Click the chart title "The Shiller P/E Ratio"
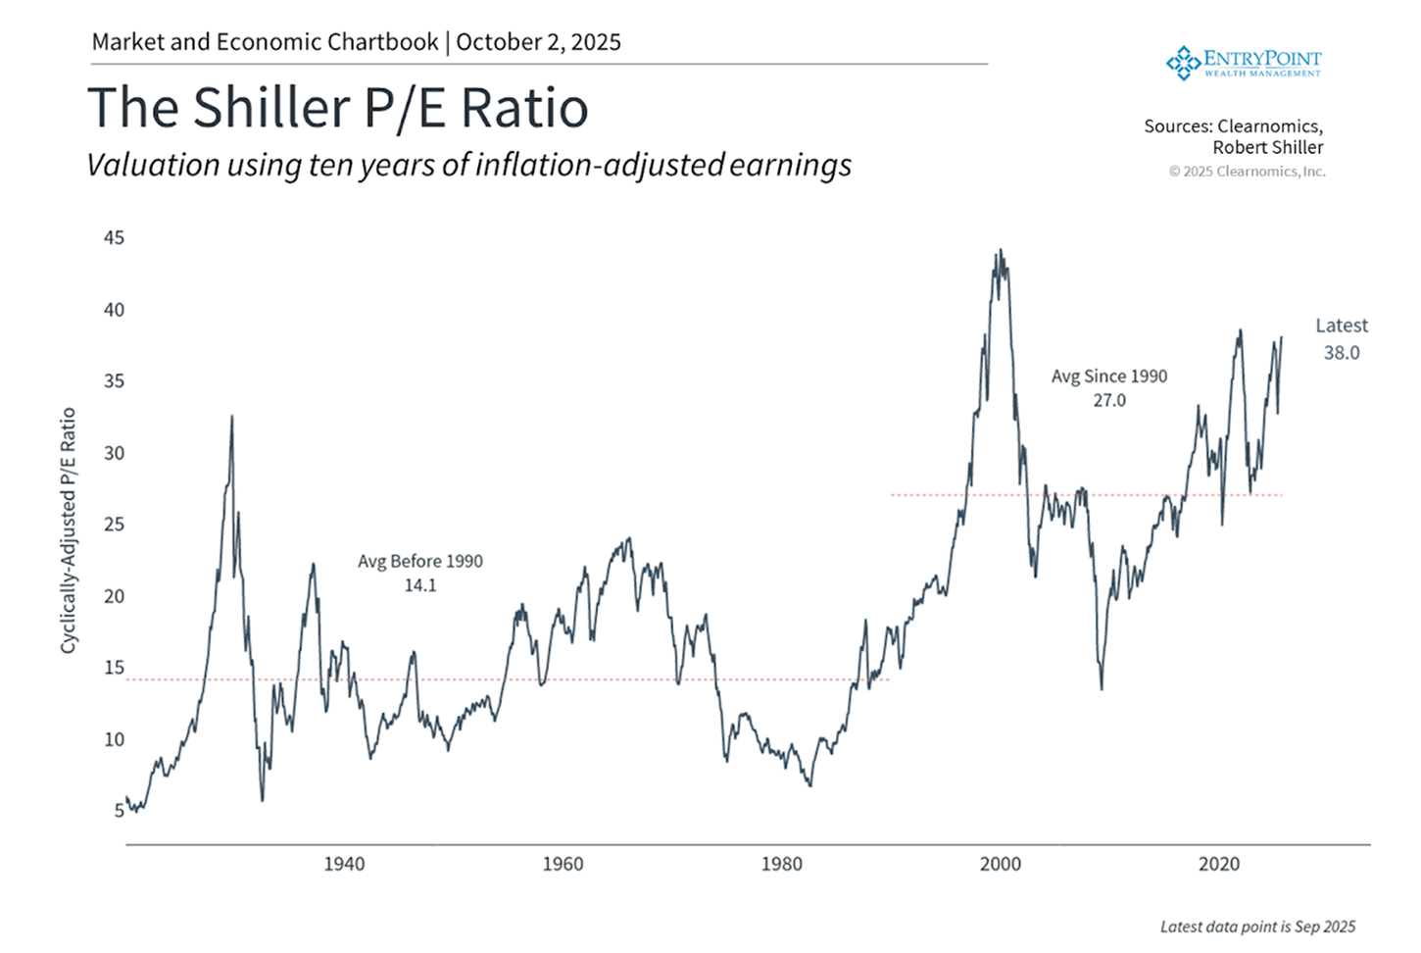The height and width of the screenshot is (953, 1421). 338,108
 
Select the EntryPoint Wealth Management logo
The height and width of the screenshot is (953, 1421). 1243,62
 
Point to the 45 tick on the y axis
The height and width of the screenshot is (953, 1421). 114,237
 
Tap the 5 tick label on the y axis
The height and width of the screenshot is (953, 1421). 119,811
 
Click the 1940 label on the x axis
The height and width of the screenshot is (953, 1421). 344,864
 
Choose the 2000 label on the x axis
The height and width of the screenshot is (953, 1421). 1001,864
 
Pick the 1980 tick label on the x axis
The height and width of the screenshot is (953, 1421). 781,864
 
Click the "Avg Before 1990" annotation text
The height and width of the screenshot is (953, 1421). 419,561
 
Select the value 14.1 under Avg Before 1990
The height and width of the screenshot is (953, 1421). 419,585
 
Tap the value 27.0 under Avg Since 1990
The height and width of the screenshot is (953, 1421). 1109,400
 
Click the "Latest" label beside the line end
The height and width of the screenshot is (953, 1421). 1342,326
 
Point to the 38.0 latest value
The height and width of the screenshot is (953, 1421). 1342,353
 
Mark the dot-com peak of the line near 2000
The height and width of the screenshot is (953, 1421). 1001,251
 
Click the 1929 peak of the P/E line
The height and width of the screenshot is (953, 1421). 232,417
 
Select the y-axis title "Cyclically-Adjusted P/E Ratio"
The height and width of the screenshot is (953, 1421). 68,530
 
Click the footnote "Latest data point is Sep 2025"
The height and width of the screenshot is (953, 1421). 1257,927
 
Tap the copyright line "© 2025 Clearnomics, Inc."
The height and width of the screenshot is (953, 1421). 1247,172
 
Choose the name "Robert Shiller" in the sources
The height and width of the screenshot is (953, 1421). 1267,147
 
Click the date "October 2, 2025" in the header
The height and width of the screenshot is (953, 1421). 538,42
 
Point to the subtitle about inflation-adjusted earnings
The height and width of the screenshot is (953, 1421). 468,165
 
